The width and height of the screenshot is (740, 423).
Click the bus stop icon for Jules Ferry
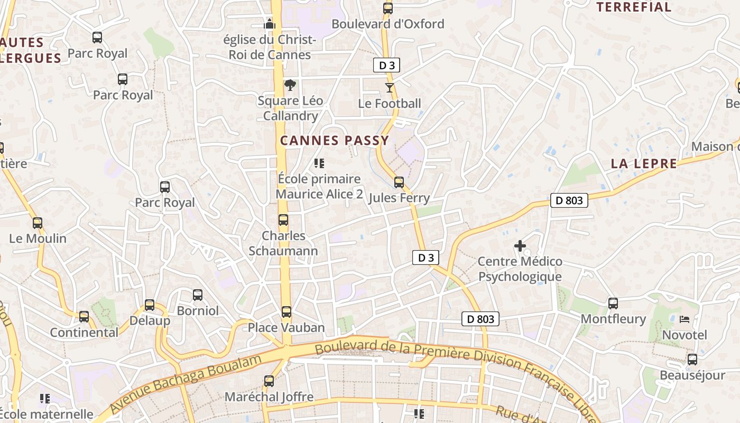[x=399, y=182]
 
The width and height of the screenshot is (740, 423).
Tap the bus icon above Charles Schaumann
[x=283, y=220]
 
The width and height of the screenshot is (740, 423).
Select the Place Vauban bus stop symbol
[x=286, y=312]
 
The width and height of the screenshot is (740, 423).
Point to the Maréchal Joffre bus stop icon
[x=269, y=381]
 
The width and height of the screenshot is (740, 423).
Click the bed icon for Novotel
[x=684, y=319]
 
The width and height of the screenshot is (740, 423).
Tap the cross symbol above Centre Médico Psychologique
[x=520, y=246]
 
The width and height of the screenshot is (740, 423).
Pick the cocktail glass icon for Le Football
[x=390, y=87]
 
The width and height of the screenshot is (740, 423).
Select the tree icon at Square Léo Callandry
[x=290, y=85]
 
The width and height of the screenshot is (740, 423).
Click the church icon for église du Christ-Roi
[x=270, y=24]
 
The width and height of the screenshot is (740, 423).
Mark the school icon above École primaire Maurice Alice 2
[x=319, y=163]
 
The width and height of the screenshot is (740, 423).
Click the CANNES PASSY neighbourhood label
[x=335, y=141]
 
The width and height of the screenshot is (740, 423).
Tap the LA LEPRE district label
[x=644, y=164]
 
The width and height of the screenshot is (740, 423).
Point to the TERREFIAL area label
[x=634, y=7]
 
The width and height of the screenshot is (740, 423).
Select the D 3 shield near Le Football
[x=387, y=66]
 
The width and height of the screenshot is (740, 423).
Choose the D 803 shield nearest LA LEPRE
[x=569, y=200]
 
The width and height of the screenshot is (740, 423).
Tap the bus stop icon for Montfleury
[x=613, y=304]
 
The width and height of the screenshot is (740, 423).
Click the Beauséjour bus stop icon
[x=692, y=360]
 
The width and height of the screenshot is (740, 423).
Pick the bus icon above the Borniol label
[x=198, y=295]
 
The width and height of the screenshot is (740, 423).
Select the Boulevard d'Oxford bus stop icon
[x=388, y=8]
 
